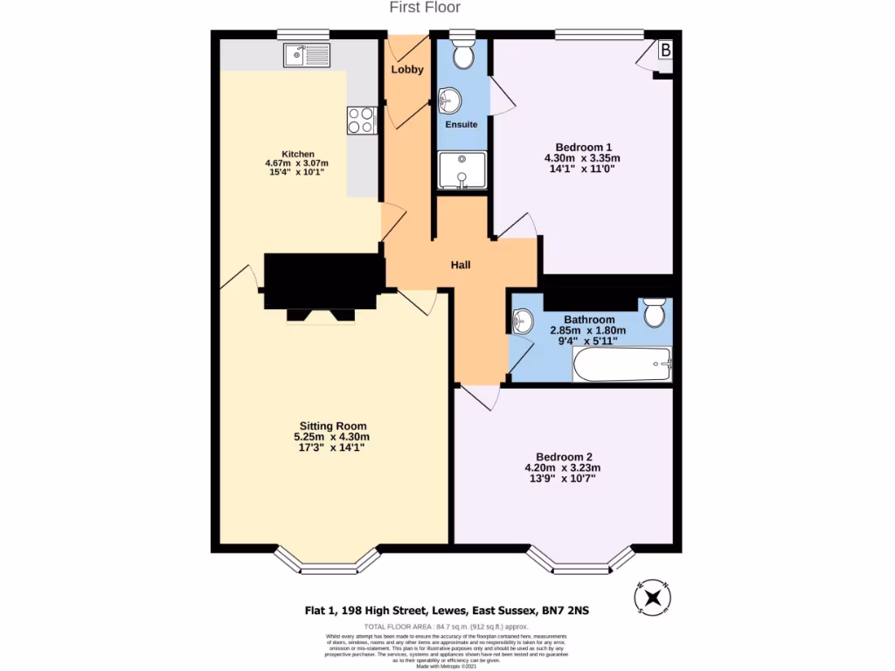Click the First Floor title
tap(425, 8)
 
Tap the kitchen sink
tap(306, 55)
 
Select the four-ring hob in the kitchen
tap(361, 120)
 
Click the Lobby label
tap(407, 70)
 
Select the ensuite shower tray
tap(461, 170)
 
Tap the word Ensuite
tap(461, 125)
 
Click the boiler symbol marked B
tap(665, 52)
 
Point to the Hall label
tap(461, 265)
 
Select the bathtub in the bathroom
tap(622, 365)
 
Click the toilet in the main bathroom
tap(654, 312)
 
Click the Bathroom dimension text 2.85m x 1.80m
tap(588, 331)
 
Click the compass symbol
tap(652, 598)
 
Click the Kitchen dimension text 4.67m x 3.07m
tap(296, 163)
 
